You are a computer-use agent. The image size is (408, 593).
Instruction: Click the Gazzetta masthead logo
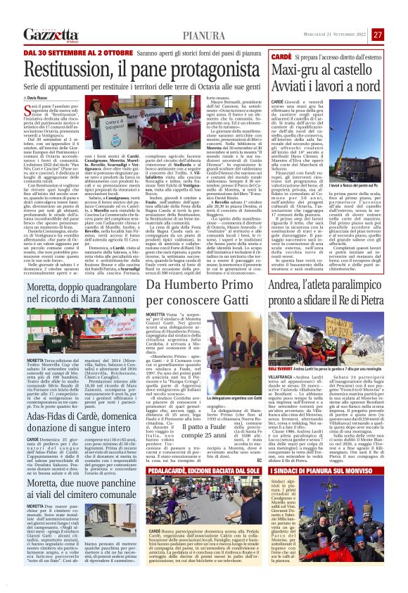click(x=51, y=35)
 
